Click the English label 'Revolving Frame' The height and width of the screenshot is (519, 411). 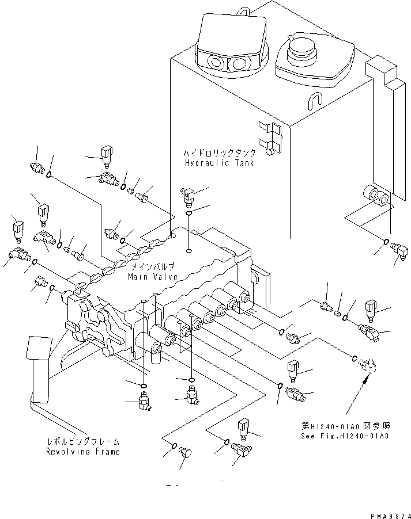(x=83, y=452)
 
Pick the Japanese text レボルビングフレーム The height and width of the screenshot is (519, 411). (x=83, y=442)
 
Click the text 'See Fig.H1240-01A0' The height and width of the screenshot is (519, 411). (x=346, y=436)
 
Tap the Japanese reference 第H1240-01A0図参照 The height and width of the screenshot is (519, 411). (x=346, y=426)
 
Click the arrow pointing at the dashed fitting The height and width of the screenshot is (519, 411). (x=359, y=391)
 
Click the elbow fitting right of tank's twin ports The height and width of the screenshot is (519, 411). (x=398, y=250)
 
